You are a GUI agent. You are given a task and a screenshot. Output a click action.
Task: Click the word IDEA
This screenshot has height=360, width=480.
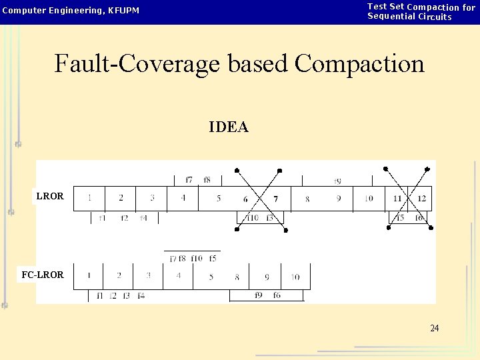229,127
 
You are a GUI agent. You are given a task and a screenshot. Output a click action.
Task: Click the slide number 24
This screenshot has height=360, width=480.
434,328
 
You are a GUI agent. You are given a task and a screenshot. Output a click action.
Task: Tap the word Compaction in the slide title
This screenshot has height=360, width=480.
359,64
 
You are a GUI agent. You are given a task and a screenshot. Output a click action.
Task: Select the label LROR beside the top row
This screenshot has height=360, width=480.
50,197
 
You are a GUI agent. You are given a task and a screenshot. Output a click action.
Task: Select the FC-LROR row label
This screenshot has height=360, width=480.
42,275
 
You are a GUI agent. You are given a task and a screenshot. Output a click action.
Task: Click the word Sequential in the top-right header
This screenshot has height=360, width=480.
391,17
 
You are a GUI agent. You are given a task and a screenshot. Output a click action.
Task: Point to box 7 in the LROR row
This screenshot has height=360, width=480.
275,199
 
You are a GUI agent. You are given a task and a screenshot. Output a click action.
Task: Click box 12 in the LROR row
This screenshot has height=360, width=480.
421,199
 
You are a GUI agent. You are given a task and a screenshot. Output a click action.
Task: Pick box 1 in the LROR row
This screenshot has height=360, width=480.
89,198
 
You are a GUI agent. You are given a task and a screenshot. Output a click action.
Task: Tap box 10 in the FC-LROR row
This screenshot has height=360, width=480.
295,277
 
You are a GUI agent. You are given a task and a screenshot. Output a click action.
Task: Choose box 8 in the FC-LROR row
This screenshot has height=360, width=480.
237,277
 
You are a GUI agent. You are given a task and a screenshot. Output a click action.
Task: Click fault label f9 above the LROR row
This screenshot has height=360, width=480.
338,181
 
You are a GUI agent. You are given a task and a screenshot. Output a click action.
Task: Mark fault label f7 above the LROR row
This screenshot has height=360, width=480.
189,180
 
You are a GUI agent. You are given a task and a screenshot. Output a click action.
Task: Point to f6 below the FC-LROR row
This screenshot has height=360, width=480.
277,295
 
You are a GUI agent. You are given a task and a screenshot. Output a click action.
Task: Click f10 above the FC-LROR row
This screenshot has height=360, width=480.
197,259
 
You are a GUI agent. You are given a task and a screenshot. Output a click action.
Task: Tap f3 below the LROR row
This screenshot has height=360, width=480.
269,218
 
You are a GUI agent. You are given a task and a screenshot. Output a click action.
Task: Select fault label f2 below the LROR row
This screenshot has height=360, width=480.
124,218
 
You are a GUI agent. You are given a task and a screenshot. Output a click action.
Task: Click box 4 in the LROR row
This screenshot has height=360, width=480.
183,198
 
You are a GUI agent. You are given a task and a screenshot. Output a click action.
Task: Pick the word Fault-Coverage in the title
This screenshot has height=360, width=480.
138,64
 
